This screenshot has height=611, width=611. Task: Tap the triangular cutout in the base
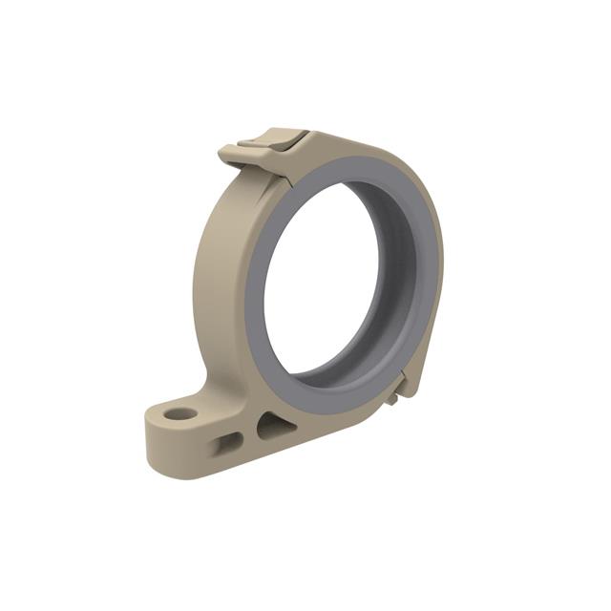click(270, 425)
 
